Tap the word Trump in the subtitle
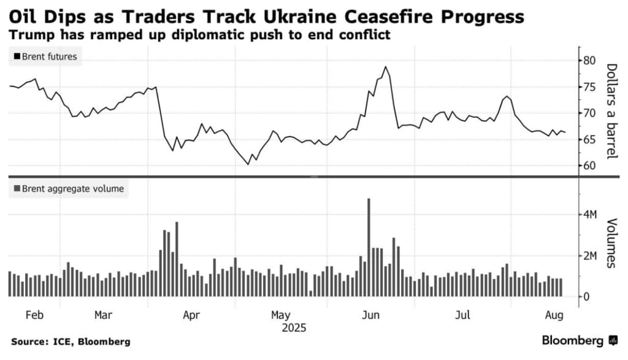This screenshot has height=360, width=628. pyautogui.click(x=28, y=35)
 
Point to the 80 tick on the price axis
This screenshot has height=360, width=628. pyautogui.click(x=589, y=61)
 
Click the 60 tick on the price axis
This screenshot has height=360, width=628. pyautogui.click(x=589, y=166)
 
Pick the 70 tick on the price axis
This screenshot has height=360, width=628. pyautogui.click(x=589, y=113)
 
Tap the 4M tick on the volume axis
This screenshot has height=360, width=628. pyautogui.click(x=590, y=215)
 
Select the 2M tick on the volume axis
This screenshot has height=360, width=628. pyautogui.click(x=590, y=256)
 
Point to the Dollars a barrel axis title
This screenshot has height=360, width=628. pyautogui.click(x=611, y=111)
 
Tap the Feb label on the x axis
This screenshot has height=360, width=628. pyautogui.click(x=34, y=315)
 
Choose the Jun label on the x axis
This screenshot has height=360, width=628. pyautogui.click(x=370, y=315)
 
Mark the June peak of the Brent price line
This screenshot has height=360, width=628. pyautogui.click(x=385, y=67)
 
